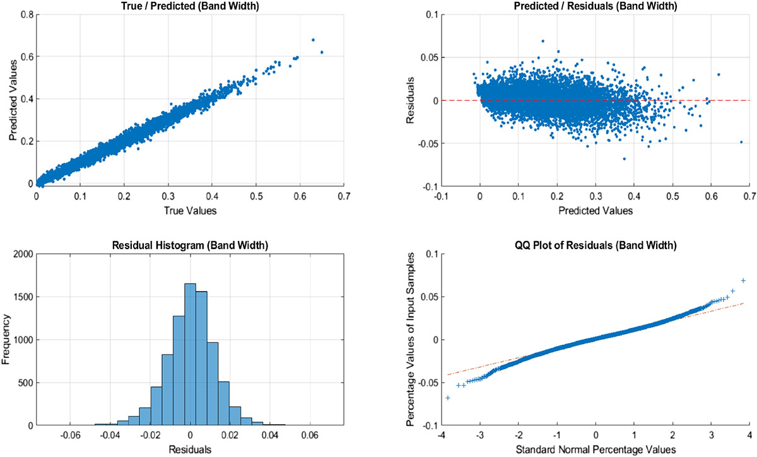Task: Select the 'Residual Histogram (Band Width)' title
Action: (190, 246)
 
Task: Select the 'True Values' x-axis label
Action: (190, 211)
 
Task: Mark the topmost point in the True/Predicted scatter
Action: (313, 40)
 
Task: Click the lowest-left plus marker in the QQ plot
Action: (448, 398)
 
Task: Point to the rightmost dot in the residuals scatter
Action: (741, 142)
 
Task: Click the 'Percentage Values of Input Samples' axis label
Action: (412, 340)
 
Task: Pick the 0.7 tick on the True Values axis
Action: (343, 196)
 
